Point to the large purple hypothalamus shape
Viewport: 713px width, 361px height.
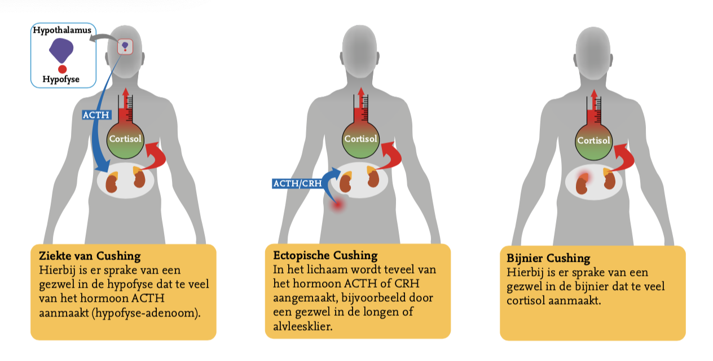(61, 51)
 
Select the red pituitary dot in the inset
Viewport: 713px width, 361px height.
(62, 69)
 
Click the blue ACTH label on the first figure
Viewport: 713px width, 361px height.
(96, 115)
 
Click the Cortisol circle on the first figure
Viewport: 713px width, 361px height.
(125, 139)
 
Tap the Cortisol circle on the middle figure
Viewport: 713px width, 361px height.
(360, 139)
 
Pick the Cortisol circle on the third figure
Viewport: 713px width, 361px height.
(593, 140)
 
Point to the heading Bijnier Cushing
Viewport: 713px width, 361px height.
(548, 258)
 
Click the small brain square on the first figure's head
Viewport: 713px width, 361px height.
(125, 46)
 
